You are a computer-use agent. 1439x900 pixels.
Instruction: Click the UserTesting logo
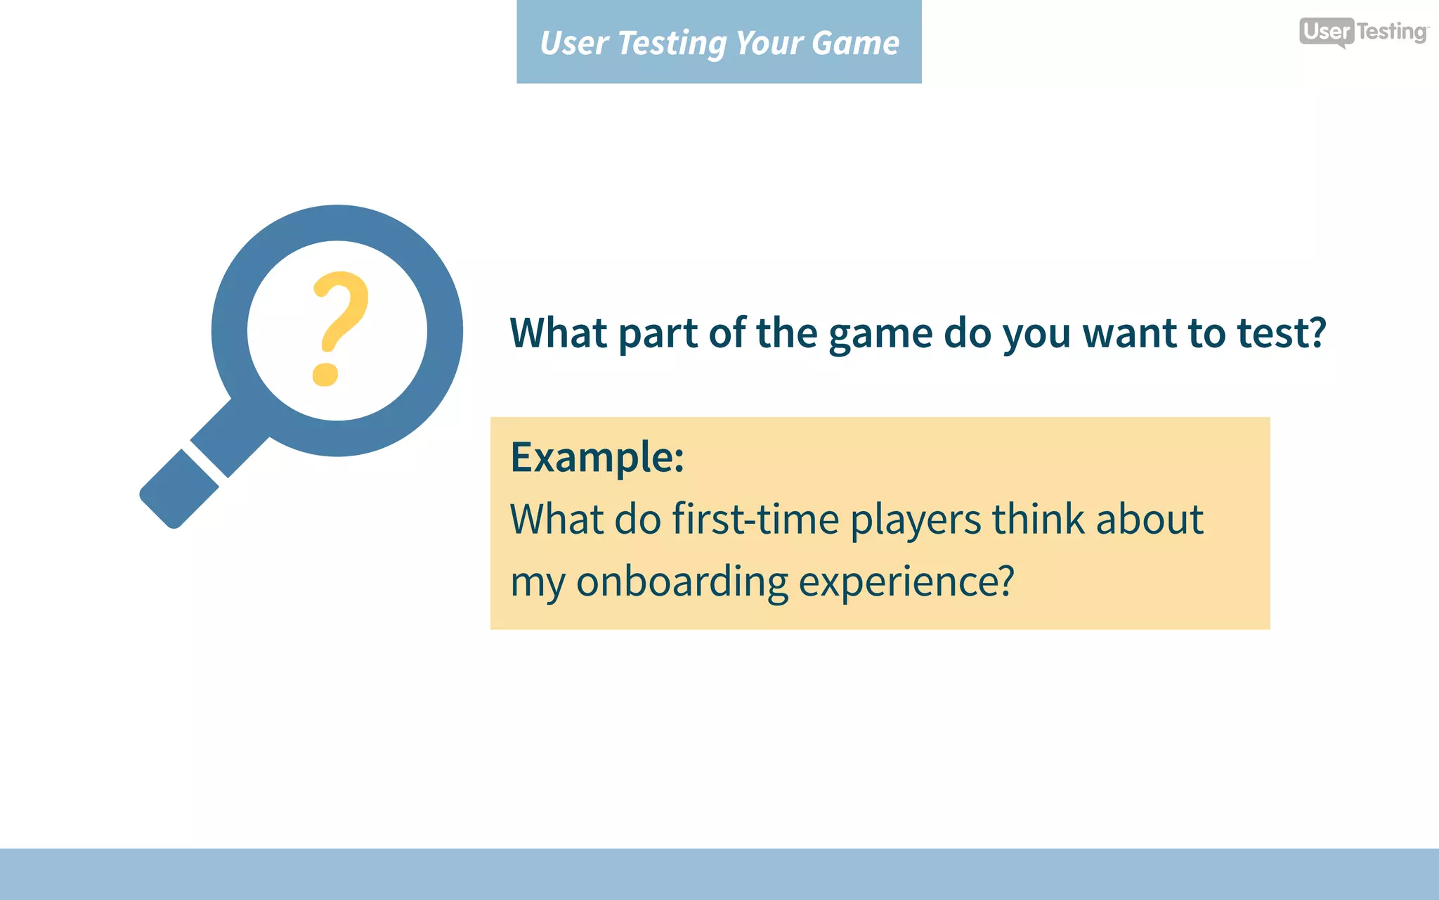tap(1363, 32)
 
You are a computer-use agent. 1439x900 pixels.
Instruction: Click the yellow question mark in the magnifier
tap(340, 328)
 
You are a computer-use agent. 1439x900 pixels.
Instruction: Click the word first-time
tap(755, 520)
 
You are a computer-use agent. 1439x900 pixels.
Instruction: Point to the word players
tap(916, 521)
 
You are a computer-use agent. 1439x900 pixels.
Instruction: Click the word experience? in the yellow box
tap(906, 582)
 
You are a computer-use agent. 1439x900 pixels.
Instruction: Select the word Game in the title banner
tap(855, 43)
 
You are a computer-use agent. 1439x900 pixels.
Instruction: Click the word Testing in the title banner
tap(672, 43)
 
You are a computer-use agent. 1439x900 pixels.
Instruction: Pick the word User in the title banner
tap(573, 43)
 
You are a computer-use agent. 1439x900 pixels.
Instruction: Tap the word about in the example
tap(1150, 520)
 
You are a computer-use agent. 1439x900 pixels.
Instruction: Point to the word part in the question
tap(658, 334)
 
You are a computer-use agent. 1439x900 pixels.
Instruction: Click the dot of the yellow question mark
tap(325, 373)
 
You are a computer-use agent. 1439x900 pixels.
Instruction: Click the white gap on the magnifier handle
tap(206, 464)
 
